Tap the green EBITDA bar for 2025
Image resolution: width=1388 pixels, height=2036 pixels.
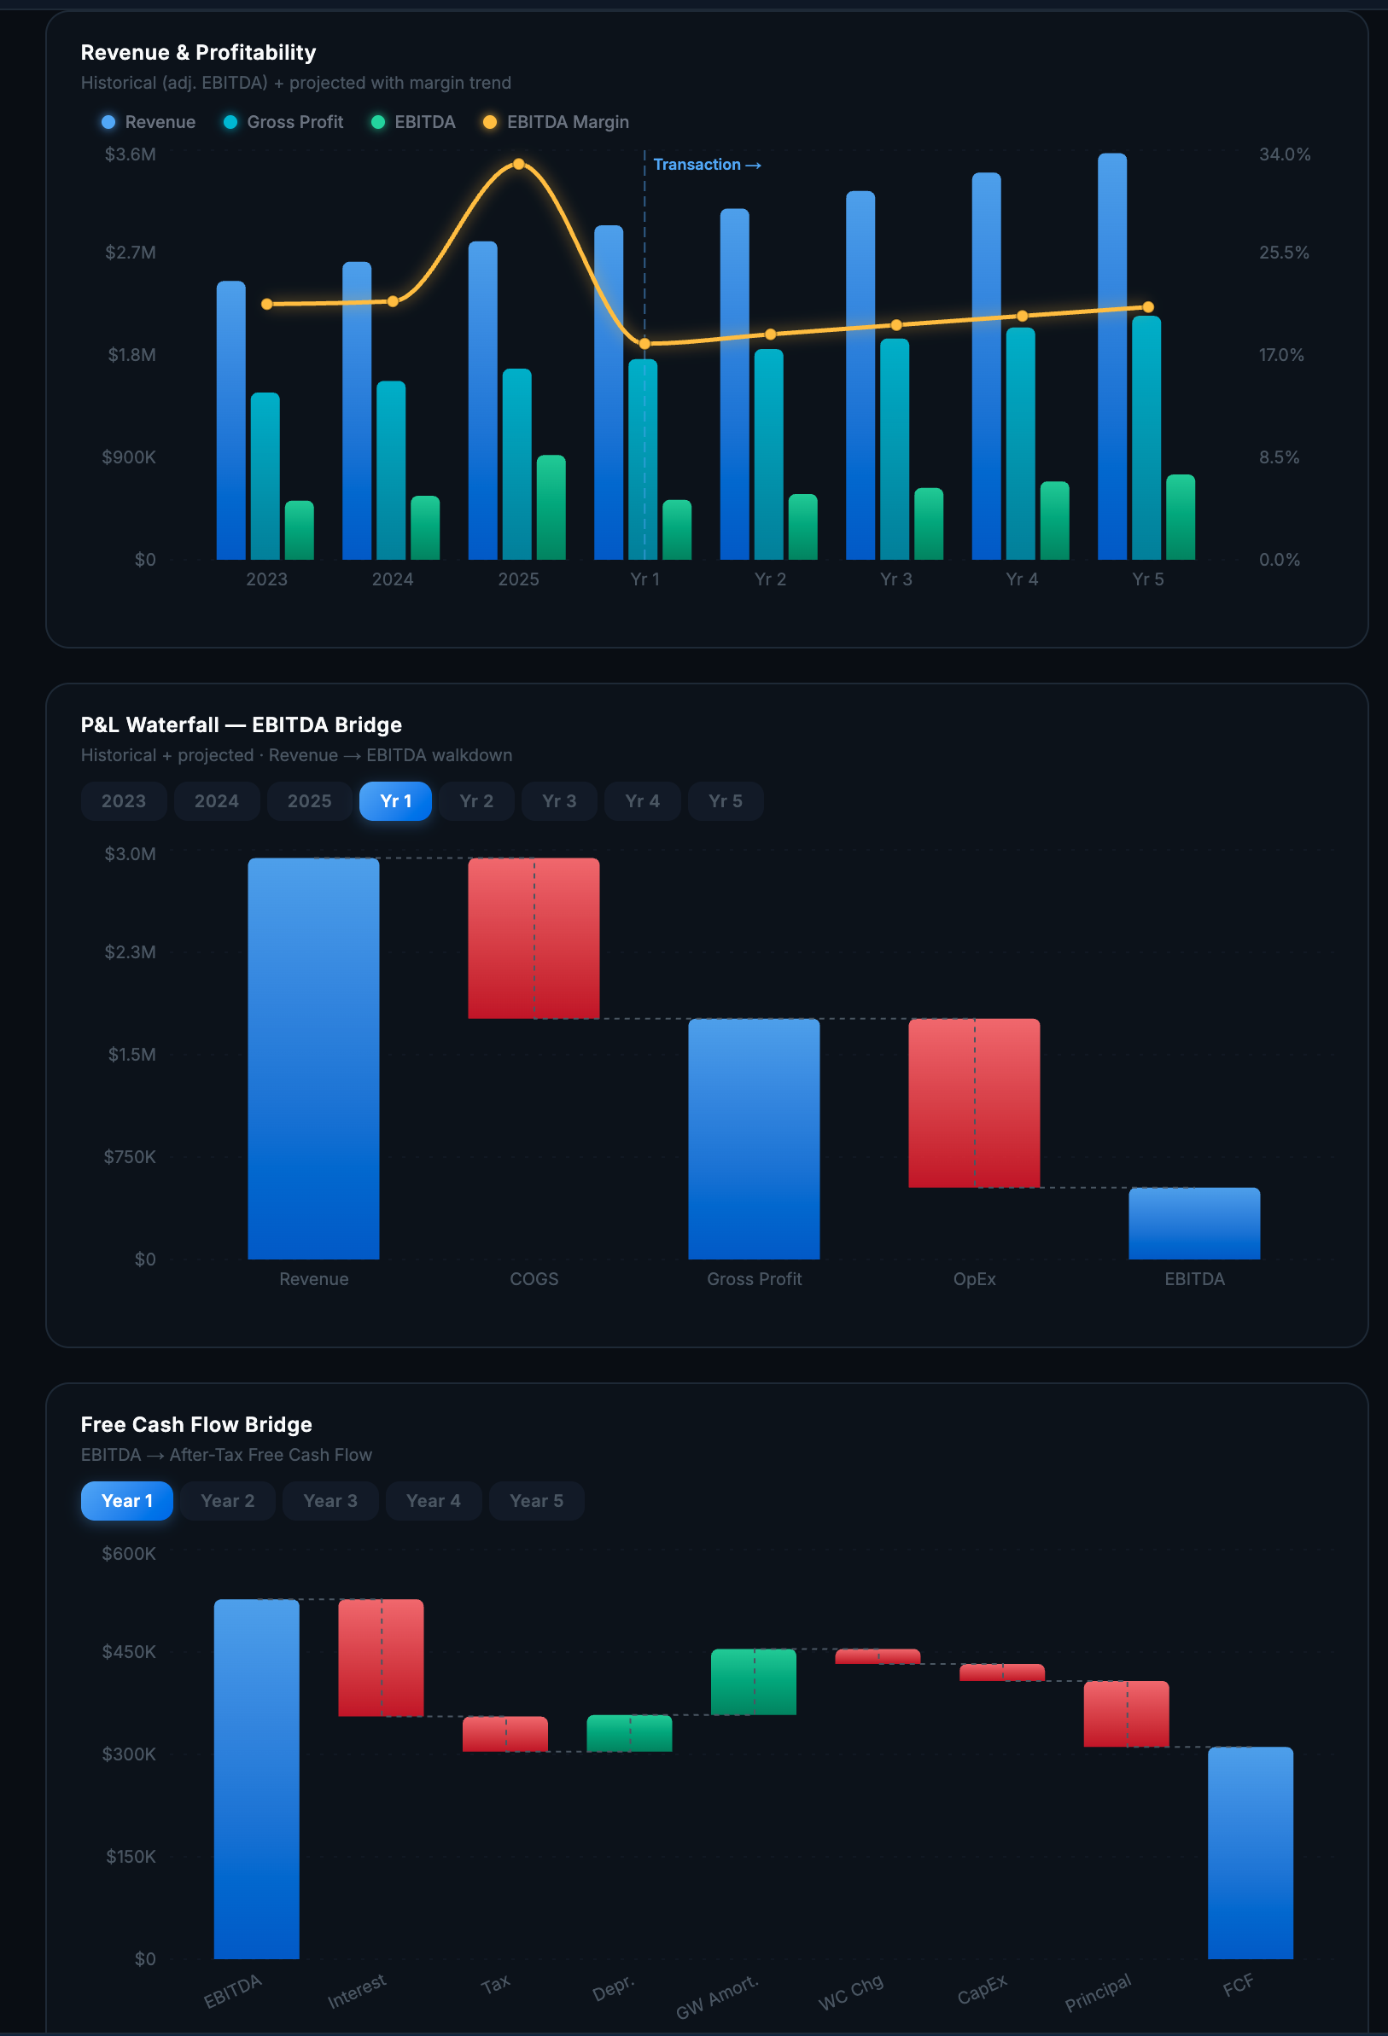pyautogui.click(x=551, y=508)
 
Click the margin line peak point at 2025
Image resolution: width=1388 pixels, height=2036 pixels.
pyautogui.click(x=519, y=164)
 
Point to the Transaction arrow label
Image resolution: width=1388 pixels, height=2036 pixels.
pyautogui.click(x=706, y=165)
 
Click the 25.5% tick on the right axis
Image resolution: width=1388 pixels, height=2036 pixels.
pyautogui.click(x=1283, y=253)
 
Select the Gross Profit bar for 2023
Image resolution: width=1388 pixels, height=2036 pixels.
pyautogui.click(x=265, y=478)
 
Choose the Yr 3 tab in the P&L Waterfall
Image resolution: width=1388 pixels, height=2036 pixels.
pyautogui.click(x=559, y=800)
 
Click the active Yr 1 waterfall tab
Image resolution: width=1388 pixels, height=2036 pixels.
pyautogui.click(x=395, y=800)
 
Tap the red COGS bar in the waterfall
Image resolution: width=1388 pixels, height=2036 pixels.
pyautogui.click(x=534, y=938)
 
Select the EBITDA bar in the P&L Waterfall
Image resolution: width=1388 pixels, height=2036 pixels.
pyautogui.click(x=1193, y=1223)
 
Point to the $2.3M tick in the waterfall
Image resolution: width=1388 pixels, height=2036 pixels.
pyautogui.click(x=131, y=952)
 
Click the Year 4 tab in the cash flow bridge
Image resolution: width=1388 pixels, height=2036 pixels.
pyautogui.click(x=433, y=1501)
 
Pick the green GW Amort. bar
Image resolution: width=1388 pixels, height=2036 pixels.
pyautogui.click(x=754, y=1681)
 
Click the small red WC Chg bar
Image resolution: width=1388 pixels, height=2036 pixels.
pyautogui.click(x=878, y=1655)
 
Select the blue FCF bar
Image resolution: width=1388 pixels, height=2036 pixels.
pyautogui.click(x=1250, y=1852)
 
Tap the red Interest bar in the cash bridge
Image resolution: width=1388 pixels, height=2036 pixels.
pyautogui.click(x=382, y=1656)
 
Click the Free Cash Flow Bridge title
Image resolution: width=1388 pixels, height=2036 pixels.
pyautogui.click(x=196, y=1424)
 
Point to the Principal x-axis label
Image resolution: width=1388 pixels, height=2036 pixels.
pyautogui.click(x=1097, y=1992)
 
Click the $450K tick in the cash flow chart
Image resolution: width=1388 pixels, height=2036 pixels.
pyautogui.click(x=129, y=1651)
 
